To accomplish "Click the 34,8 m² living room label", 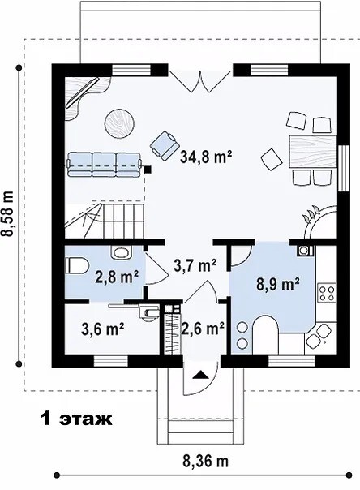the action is [206, 157].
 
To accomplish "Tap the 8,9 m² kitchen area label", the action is [278, 284].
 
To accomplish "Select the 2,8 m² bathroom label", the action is [117, 276].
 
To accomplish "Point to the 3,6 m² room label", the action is [103, 329].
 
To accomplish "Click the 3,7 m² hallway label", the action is [195, 265].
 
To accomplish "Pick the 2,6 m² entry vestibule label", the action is [203, 328].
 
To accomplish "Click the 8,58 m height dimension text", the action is [7, 213].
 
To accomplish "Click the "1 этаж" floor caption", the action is [76, 419].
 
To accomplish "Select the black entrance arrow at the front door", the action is [200, 375].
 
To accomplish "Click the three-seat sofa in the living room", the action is [105, 165].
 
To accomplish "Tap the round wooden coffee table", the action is [119, 123].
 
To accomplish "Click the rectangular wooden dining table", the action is [314, 152].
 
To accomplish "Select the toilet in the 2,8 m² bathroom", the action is [77, 266].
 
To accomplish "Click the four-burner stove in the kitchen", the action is [327, 293].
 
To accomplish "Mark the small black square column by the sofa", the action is [148, 170].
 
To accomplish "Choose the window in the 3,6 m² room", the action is [111, 362].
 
